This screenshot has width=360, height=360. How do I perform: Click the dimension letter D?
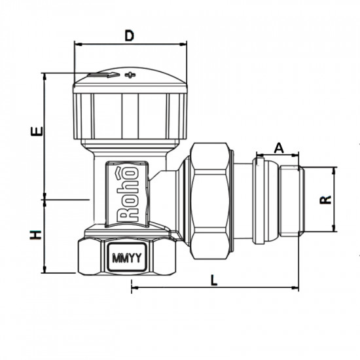(x=129, y=35)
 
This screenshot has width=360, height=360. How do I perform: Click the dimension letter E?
(x=37, y=130)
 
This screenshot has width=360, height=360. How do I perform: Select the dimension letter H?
(x=37, y=234)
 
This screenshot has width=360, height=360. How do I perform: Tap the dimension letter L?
(x=214, y=279)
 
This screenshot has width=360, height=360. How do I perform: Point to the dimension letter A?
(x=278, y=147)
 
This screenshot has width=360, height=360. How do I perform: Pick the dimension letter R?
(x=324, y=200)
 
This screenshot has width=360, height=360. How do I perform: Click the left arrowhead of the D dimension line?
(x=77, y=45)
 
